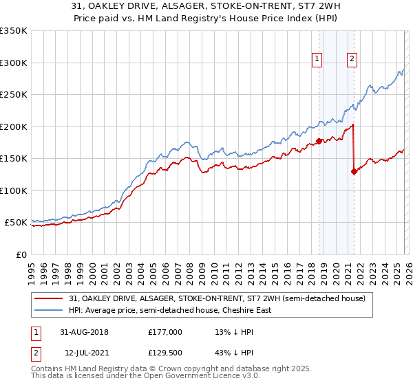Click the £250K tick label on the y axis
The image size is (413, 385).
coord(14,95)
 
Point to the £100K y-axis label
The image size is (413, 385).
coord(14,190)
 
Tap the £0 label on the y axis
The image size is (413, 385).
coord(21,254)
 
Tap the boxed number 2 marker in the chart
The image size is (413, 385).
coord(352,60)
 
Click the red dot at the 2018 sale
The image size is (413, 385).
coord(319,141)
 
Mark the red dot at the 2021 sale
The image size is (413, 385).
coord(354,172)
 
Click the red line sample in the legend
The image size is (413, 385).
coord(49,298)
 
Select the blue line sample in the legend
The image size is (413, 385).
coord(49,310)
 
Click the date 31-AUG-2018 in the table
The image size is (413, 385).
coord(83,331)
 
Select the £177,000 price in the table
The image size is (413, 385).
coord(165,331)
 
